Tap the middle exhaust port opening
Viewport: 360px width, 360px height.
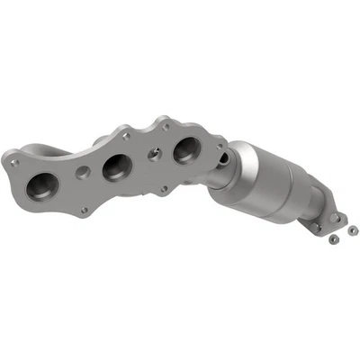pos(117,166)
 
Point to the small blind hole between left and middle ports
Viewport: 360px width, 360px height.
pos(81,171)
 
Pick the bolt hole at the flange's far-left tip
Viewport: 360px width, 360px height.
pos(14,163)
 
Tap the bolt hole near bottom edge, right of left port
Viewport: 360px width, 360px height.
pos(84,210)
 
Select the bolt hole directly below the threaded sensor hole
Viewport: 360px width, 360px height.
pos(162,189)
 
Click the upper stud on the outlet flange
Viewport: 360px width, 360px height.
pos(338,217)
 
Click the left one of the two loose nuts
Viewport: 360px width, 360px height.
pos(331,241)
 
